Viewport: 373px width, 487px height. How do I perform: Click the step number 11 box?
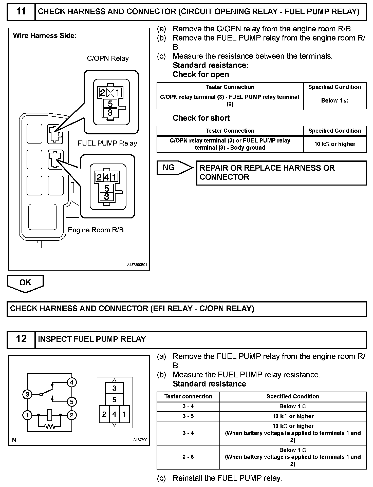21,12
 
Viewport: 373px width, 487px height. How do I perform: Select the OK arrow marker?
25,283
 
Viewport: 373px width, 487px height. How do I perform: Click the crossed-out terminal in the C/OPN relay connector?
110,93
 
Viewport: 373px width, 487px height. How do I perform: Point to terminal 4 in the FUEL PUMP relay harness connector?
107,177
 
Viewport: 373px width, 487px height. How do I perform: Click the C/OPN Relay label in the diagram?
108,58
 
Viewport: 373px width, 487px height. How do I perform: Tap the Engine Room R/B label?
96,230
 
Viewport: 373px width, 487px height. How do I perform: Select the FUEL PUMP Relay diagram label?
107,143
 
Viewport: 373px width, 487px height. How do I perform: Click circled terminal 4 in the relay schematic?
72,382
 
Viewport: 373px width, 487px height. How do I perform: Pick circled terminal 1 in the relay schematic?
27,415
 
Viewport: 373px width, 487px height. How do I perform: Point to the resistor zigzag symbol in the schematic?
50,427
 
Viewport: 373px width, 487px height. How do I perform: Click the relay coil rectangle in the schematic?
50,415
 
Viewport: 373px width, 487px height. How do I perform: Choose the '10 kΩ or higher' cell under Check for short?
335,144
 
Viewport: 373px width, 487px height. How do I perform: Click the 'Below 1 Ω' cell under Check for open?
335,101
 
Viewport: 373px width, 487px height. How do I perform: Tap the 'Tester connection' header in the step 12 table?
188,396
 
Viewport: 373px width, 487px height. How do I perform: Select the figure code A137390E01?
137,265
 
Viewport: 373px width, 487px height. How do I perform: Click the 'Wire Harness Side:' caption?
45,36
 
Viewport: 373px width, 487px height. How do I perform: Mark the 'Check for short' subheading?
201,118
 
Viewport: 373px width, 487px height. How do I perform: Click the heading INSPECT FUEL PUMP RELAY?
92,339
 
